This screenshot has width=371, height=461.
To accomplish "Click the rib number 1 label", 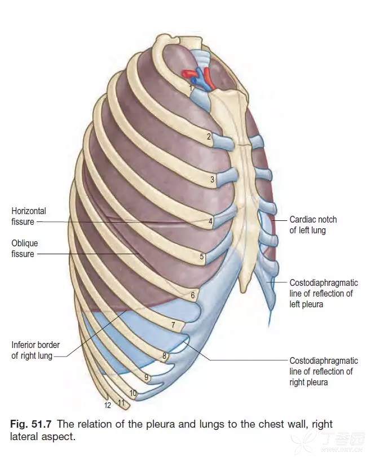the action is click(x=191, y=88).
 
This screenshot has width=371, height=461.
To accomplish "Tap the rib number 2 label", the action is click(x=209, y=136).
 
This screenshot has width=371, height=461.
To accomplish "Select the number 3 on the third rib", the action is click(x=212, y=179).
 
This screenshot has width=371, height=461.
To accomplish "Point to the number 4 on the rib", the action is click(x=210, y=221).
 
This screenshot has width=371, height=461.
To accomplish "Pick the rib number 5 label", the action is click(x=202, y=256).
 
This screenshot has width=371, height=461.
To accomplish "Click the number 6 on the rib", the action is click(x=192, y=295).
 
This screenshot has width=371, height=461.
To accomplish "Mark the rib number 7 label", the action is click(x=173, y=325).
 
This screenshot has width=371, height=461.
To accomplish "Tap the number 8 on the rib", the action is click(x=165, y=356).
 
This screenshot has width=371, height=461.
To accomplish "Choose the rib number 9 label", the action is click(x=147, y=377).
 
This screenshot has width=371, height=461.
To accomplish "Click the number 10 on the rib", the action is click(x=133, y=393).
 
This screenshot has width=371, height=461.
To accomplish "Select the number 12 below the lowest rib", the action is click(x=108, y=406).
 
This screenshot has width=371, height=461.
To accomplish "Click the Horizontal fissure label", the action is click(x=29, y=216).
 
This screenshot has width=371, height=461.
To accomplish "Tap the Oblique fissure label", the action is click(x=25, y=249).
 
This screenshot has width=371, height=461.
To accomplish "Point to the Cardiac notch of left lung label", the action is click(x=313, y=225).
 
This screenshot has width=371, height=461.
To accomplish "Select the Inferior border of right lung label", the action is click(x=36, y=350).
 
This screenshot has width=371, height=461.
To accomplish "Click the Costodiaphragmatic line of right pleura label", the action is click(x=324, y=371).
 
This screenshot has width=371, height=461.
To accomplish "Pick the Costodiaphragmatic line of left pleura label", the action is click(x=324, y=293).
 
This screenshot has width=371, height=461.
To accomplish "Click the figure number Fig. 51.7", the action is click(x=31, y=424).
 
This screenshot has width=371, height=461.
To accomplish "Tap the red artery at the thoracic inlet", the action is click(x=208, y=77).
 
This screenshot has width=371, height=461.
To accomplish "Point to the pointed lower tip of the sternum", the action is click(x=243, y=291).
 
